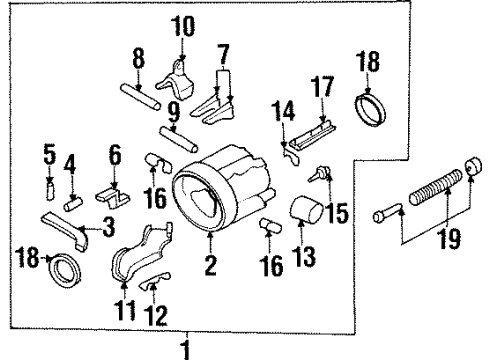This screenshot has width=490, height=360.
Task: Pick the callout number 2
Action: pos(210,265)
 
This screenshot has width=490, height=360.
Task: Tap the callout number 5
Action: pos(47,154)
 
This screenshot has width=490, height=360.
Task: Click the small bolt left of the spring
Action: pos(388,212)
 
